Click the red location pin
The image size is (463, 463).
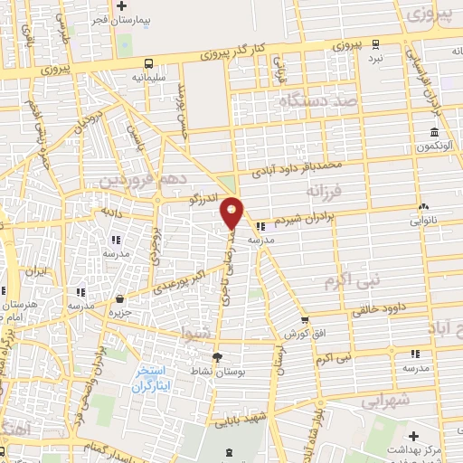tap(232, 213)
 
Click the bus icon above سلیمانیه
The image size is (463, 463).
tap(147, 62)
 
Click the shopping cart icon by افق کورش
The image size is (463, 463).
tap(305, 319)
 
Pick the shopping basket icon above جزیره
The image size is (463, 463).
tap(119, 298)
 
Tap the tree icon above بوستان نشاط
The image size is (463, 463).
tap(217, 358)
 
